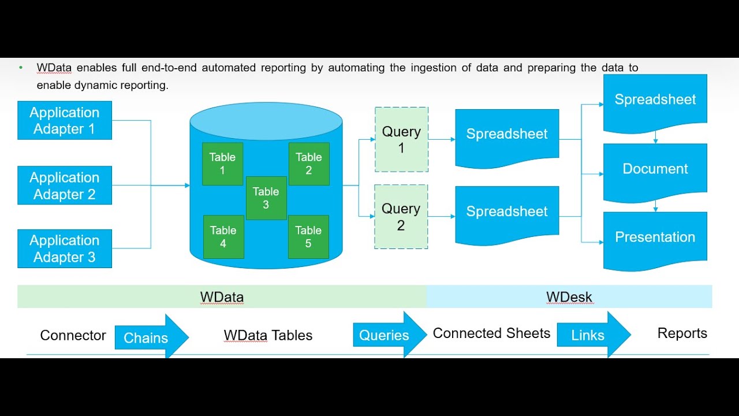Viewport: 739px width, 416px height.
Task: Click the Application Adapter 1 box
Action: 65,120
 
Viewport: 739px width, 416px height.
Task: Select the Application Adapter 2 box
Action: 65,185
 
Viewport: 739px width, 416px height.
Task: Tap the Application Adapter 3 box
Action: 65,248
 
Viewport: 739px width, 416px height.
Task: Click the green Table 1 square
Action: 222,164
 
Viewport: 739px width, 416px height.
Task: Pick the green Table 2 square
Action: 309,164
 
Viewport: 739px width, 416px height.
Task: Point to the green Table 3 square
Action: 266,198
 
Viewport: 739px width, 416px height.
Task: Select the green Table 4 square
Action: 223,236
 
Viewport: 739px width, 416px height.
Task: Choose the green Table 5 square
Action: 308,236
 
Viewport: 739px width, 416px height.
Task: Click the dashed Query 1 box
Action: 401,139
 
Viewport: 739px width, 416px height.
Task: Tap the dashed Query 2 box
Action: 401,217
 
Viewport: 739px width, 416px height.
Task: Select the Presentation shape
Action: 655,237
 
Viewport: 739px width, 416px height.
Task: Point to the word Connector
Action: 73,336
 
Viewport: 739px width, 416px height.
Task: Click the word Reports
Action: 682,333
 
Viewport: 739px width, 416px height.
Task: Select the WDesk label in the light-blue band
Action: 569,298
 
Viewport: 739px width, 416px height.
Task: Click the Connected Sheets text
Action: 491,333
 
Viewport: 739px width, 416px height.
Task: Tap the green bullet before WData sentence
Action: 21,68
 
